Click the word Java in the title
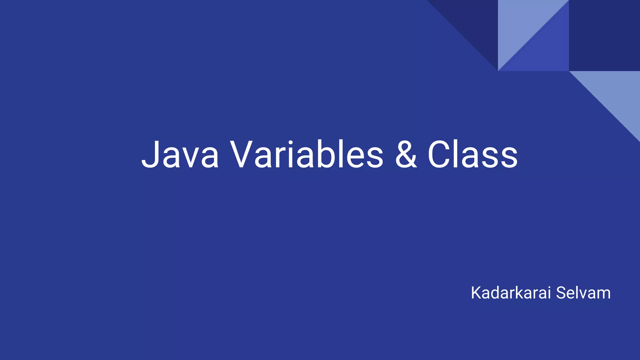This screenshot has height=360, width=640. [x=180, y=155]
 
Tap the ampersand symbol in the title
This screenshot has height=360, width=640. [x=406, y=155]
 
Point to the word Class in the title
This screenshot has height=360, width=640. [x=472, y=155]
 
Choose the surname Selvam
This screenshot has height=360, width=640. [x=583, y=293]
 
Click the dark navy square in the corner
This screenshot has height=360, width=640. [x=604, y=35]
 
